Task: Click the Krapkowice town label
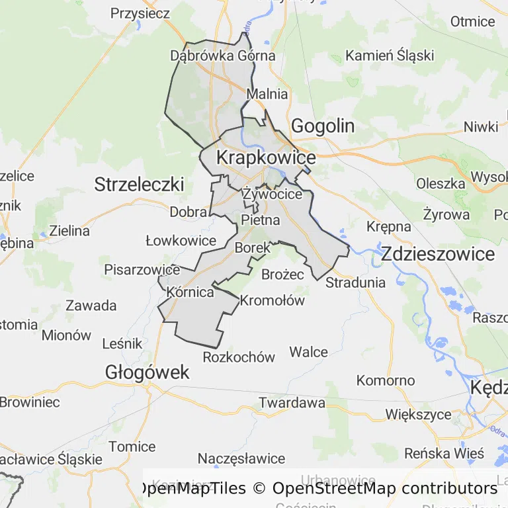[266, 158]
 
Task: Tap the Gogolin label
[323, 126]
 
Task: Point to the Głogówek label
[147, 372]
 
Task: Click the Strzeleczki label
[139, 184]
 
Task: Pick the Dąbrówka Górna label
[223, 56]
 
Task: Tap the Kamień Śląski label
[390, 55]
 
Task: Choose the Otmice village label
[472, 21]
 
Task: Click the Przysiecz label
[140, 13]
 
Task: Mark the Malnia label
[267, 94]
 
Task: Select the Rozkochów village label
[239, 357]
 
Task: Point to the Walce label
[308, 351]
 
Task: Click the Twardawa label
[292, 402]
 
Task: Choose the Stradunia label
[356, 282]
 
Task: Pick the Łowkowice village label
[181, 241]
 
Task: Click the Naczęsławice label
[241, 458]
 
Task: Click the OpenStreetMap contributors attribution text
[384, 489]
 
